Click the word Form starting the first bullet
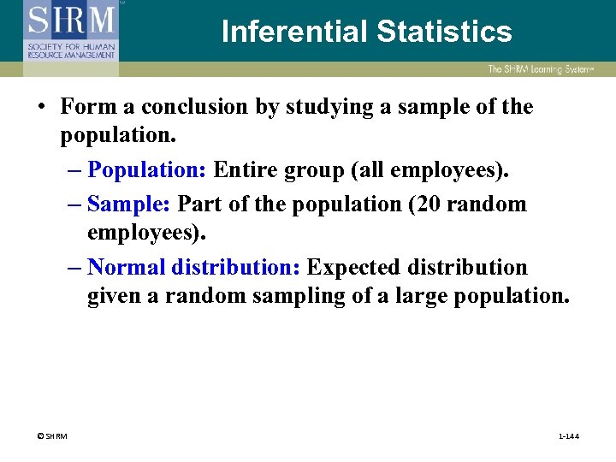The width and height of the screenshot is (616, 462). coord(85,107)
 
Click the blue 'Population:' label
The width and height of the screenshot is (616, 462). coord(146,170)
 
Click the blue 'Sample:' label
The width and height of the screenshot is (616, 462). coord(129,204)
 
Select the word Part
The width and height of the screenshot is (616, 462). coord(199,204)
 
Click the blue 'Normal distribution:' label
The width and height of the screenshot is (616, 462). coord(193,267)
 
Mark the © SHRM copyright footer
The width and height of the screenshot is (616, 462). coord(50,436)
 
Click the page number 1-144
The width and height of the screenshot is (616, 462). coord(568,436)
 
